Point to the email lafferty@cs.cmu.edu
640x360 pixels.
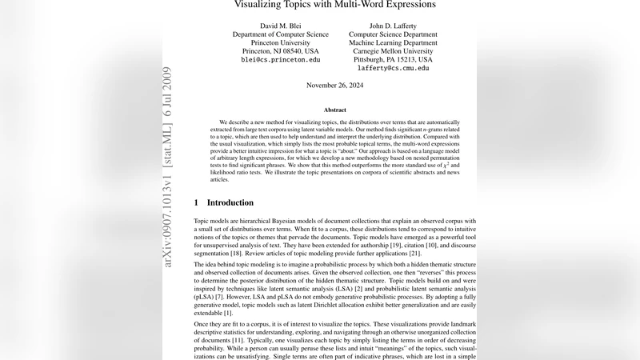(x=394, y=69)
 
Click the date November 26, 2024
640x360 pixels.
(x=335, y=85)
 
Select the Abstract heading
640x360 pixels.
(x=335, y=110)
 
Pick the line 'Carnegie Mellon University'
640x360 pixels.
(x=394, y=51)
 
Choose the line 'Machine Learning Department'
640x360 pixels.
(x=394, y=42)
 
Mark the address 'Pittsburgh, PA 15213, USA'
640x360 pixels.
(x=394, y=60)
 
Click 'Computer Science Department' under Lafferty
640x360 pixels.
(x=394, y=34)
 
